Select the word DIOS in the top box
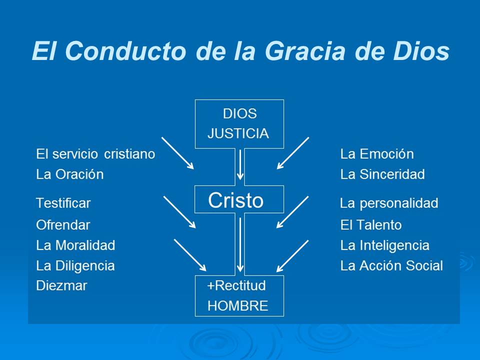click(239, 113)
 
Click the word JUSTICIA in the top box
click(238, 133)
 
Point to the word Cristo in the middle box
click(235, 200)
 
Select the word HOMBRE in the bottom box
click(237, 306)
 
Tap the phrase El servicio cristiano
click(95, 154)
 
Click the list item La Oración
click(70, 174)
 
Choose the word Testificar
click(63, 203)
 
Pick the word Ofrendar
click(63, 225)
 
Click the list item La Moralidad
click(75, 245)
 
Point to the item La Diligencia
click(75, 265)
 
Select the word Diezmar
click(61, 286)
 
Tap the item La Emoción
click(377, 154)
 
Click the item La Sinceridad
click(382, 174)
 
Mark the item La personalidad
click(389, 203)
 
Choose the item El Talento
click(371, 225)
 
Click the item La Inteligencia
click(385, 245)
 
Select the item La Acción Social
click(391, 265)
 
